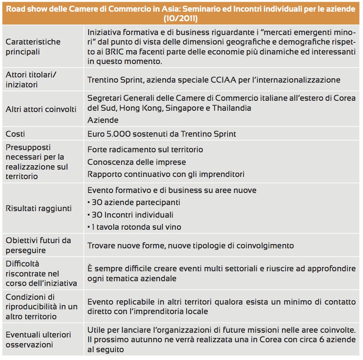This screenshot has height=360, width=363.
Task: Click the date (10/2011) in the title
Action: [x=181, y=19]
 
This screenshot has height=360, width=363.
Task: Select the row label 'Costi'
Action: [x=15, y=134]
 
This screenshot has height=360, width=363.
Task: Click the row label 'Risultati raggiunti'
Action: [x=39, y=208]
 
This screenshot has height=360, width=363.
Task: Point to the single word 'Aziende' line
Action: [x=103, y=120]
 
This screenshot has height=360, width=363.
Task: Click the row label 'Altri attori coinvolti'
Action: [x=41, y=109]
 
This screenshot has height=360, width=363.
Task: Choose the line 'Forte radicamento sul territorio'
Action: [x=145, y=149]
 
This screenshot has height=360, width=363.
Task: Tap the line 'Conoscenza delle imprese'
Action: [x=136, y=162]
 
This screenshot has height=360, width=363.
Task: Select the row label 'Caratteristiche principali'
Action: [x=33, y=47]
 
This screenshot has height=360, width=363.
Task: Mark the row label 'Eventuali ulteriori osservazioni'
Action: [x=38, y=340]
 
